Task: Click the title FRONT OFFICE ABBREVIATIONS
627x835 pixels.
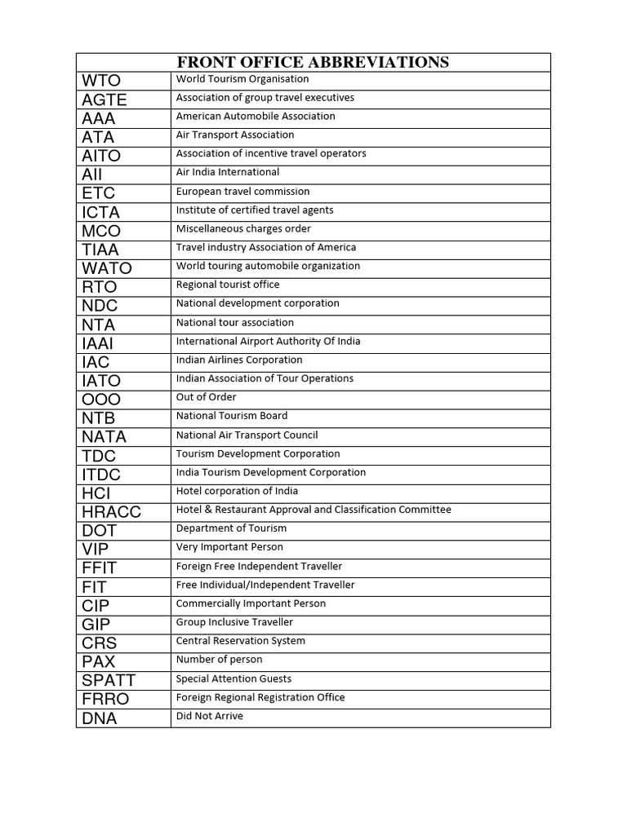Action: pos(313,63)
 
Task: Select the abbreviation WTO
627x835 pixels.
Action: pos(101,81)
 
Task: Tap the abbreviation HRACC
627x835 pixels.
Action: pos(112,512)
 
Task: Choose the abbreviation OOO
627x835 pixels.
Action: pos(101,400)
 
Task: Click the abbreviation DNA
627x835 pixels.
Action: pos(100,718)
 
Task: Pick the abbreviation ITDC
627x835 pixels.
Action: pos(101,475)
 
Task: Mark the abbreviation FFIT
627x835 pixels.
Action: pos(100,568)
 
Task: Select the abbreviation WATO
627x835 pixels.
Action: pos(107,268)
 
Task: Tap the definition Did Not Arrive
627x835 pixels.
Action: pos(210,716)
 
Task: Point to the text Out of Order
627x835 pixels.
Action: pos(207,397)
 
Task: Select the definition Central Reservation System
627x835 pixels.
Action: pos(241,641)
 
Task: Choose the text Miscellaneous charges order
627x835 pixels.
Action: pos(243,229)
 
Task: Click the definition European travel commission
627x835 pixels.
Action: pos(243,192)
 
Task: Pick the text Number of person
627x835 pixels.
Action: pos(220,660)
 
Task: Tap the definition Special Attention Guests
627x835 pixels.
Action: pos(233,678)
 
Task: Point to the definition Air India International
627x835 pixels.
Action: pos(228,172)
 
